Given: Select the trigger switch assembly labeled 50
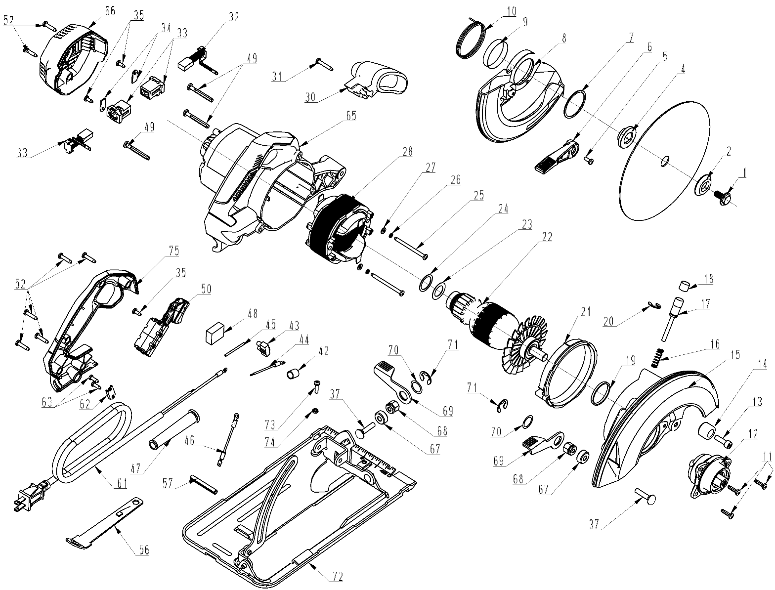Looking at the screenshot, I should [x=161, y=326].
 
